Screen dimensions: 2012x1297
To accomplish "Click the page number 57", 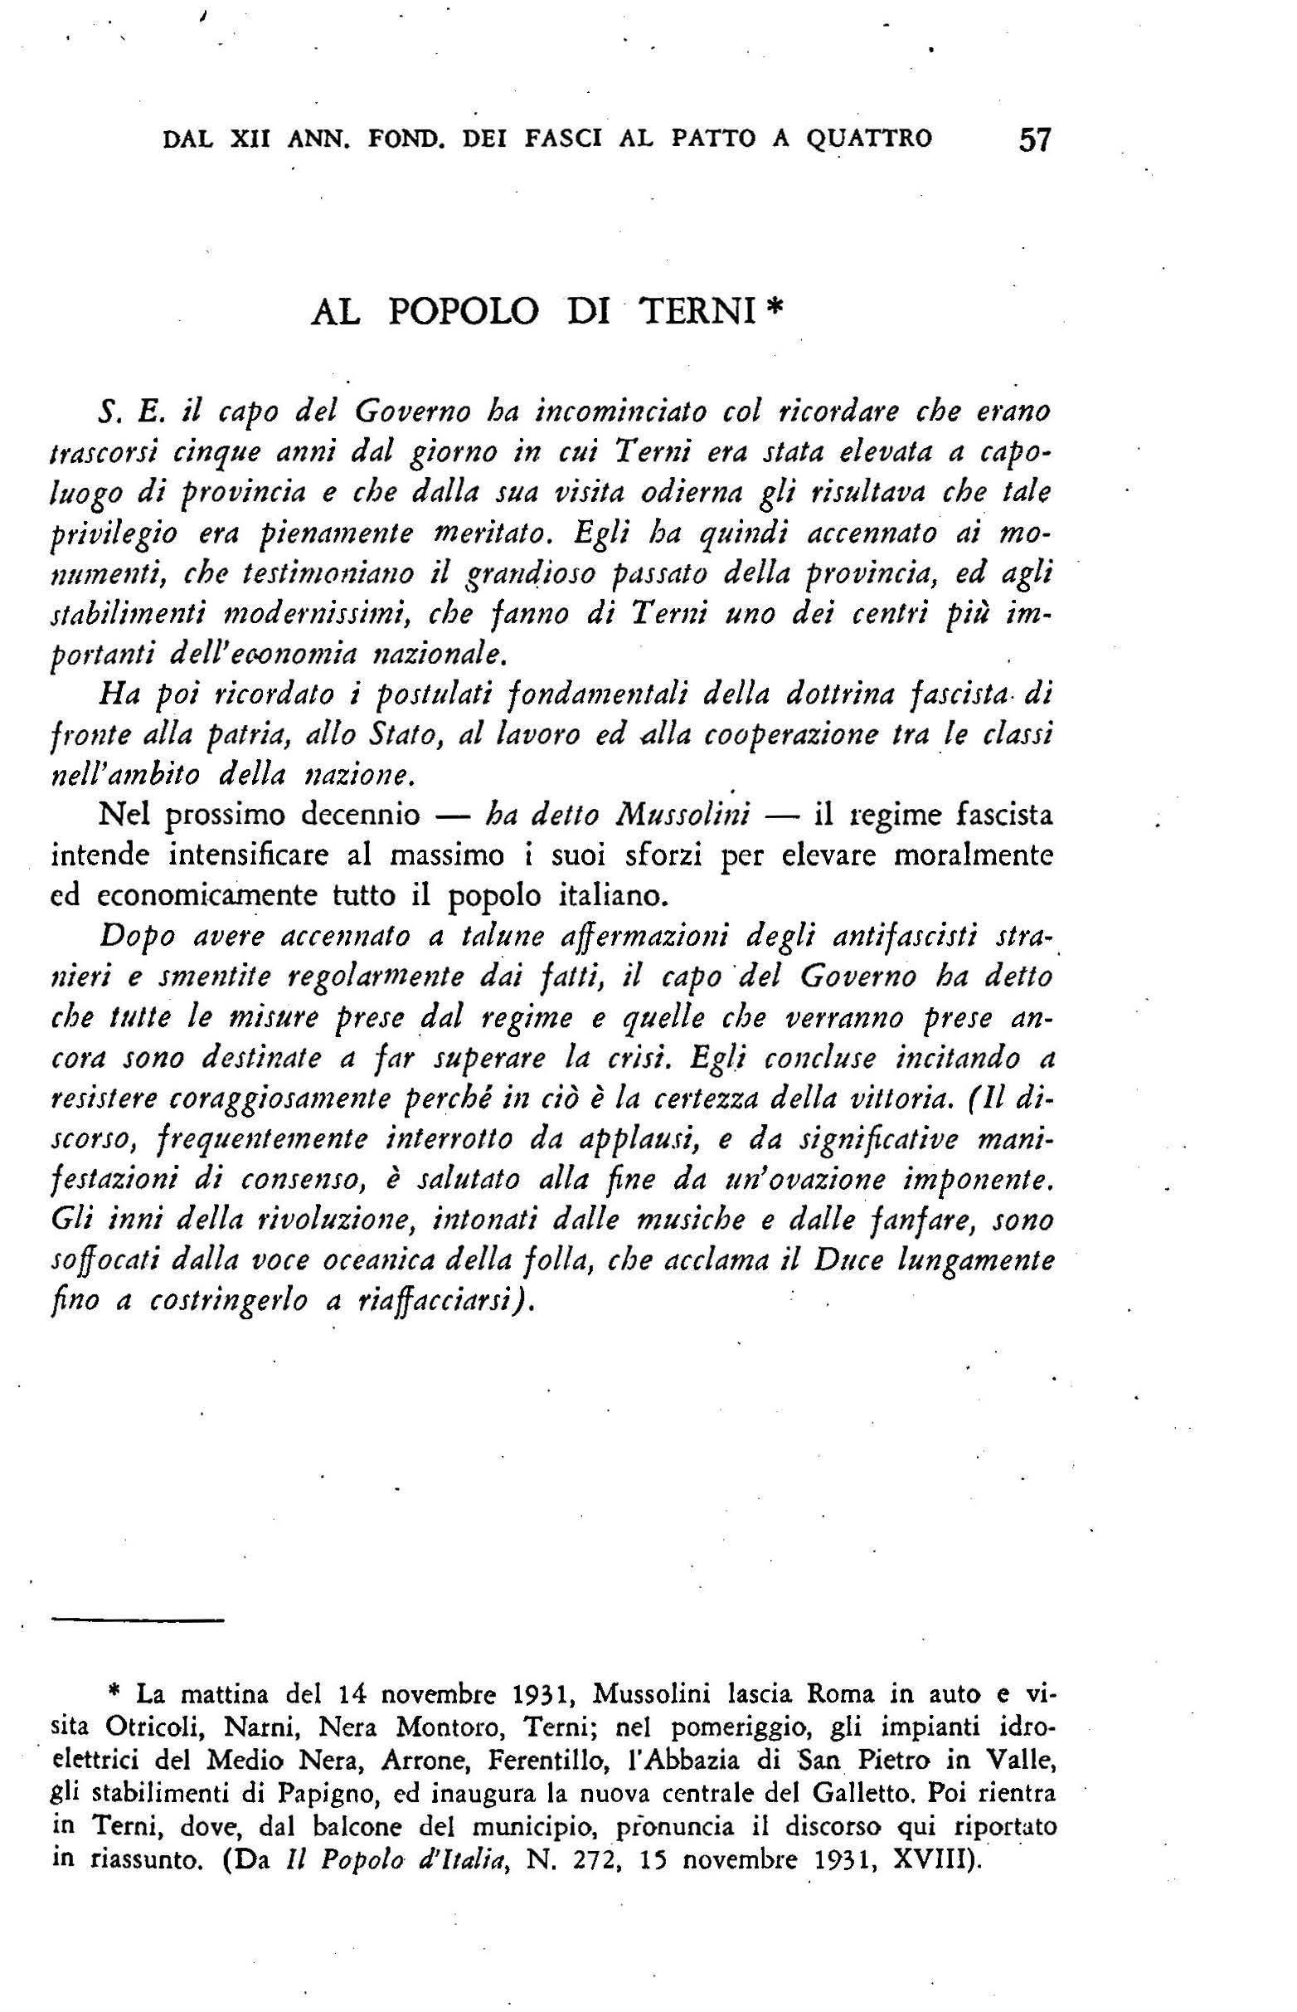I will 1035,139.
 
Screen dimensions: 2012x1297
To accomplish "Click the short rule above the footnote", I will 138,1620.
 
